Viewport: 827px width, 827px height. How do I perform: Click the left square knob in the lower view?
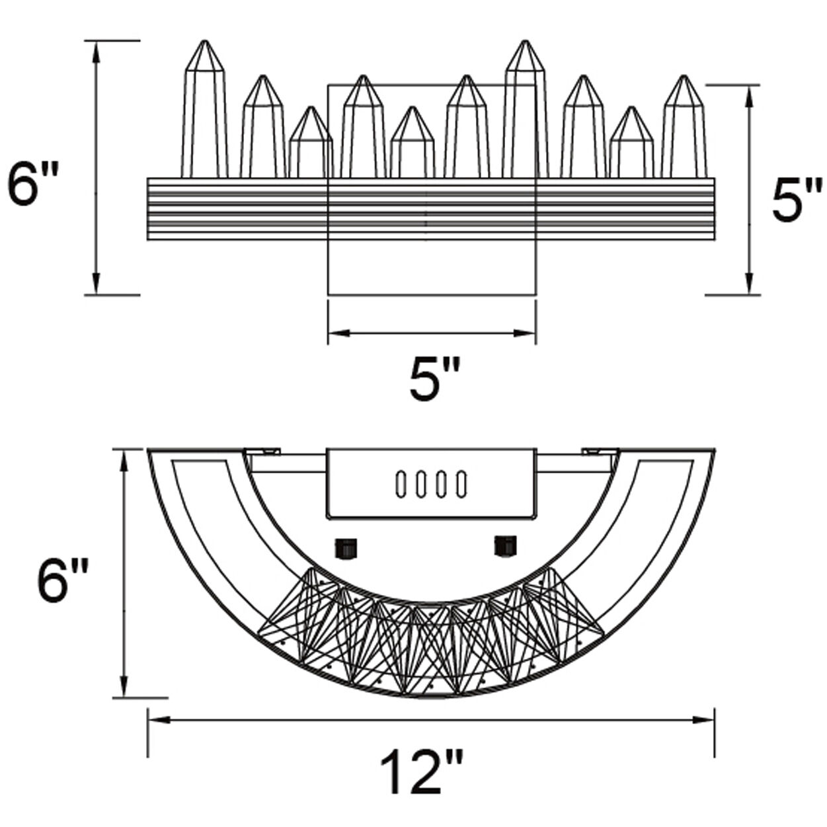(346, 547)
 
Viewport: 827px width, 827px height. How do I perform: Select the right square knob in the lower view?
(506, 545)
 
